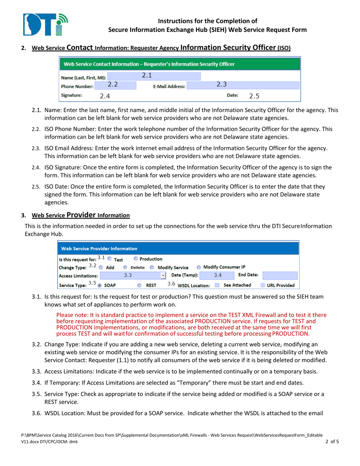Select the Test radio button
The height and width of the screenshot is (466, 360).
click(110, 259)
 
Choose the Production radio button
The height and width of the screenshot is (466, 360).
click(136, 259)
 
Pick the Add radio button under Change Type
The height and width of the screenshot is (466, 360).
click(91, 267)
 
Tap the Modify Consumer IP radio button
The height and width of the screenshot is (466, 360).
click(199, 267)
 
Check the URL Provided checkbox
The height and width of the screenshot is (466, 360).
click(263, 285)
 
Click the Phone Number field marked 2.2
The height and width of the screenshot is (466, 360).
click(112, 86)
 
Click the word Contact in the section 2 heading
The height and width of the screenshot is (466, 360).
click(80, 48)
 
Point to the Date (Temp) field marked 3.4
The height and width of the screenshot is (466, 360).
click(216, 276)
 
